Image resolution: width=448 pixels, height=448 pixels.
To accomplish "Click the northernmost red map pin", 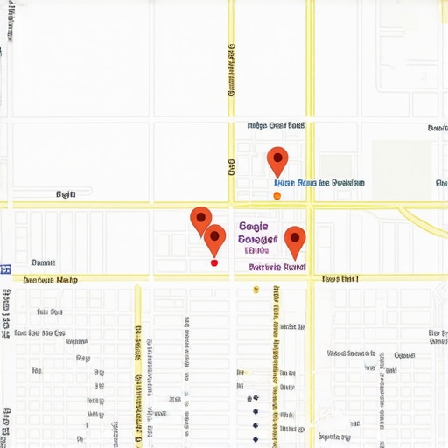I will pos(276,160).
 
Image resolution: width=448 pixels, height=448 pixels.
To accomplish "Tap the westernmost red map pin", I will pos(201,219).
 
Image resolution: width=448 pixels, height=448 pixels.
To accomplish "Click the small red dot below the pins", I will pos(213,262).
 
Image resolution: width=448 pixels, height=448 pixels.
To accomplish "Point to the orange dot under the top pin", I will pos(276,196).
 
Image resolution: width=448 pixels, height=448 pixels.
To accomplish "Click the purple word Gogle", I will pos(253,225).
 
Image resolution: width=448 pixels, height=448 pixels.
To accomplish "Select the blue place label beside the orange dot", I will pos(319,184).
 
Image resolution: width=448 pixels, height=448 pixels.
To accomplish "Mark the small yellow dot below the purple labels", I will pos(255,290).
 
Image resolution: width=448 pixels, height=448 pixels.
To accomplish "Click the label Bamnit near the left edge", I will pos(43,262).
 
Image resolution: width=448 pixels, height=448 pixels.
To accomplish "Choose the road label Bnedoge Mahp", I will pos(50,281).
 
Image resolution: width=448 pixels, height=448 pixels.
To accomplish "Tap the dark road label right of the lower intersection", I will pos(340,280).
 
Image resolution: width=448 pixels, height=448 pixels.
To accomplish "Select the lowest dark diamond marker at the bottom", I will pos(255,439).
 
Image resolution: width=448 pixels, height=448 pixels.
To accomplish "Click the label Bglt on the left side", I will pos(66,194).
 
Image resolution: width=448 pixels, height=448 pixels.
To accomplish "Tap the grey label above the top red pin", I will pos(276,125).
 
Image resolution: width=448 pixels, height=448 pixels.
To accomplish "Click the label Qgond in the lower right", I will pos(404,356).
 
